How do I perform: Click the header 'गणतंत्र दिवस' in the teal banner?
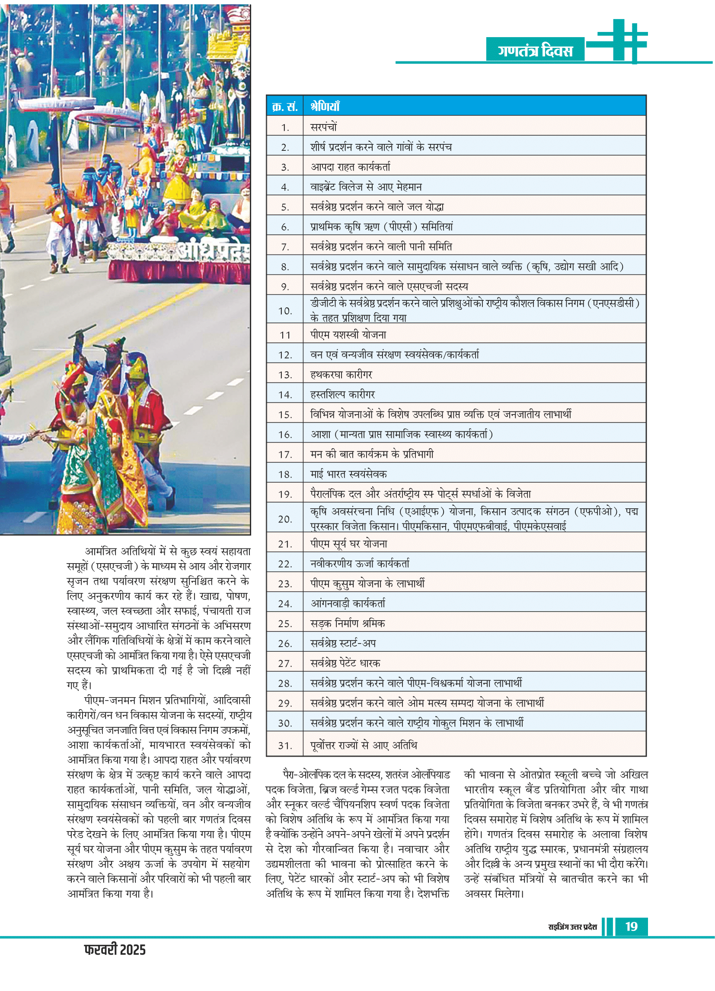[x=534, y=51]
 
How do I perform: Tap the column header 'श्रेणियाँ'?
[x=325, y=107]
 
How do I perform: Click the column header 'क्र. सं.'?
[x=284, y=107]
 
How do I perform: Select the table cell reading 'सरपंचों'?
[x=324, y=127]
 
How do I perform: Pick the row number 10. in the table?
[x=285, y=311]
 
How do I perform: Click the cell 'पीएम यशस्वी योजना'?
[x=348, y=335]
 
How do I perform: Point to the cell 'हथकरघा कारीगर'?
[x=342, y=374]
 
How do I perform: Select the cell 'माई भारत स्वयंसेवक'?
[x=348, y=474]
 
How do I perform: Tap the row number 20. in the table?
[x=285, y=519]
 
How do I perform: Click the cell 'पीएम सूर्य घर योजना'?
[x=349, y=544]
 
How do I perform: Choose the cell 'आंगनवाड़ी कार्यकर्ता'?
[x=348, y=603]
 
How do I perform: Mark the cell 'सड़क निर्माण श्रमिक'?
[x=348, y=624]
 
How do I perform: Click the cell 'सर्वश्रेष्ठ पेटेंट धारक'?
[x=345, y=663]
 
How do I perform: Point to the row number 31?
[x=285, y=746]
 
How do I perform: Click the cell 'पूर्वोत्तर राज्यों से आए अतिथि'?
[x=364, y=746]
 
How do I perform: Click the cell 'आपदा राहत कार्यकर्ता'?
[x=350, y=167]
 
